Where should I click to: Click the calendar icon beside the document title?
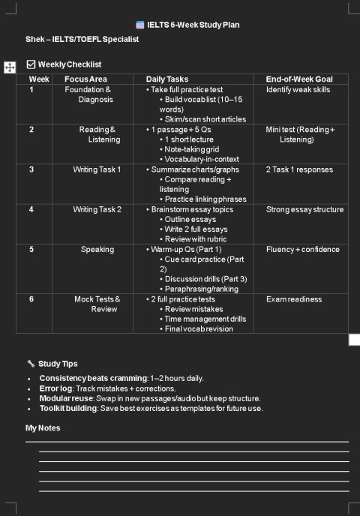pyautogui.click(x=140, y=25)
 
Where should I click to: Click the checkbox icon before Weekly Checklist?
pyautogui.click(x=31, y=64)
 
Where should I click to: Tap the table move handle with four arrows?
pyautogui.click(x=10, y=67)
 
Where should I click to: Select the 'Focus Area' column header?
pyautogui.click(x=85, y=79)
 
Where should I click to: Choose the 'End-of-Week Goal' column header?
pyautogui.click(x=299, y=79)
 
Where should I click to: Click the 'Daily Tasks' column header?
pyautogui.click(x=167, y=79)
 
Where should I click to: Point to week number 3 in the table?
pyautogui.click(x=31, y=169)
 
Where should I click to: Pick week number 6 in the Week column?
pyautogui.click(x=31, y=299)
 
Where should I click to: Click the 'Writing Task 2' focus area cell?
pyautogui.click(x=97, y=209)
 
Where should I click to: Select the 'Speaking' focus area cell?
pyautogui.click(x=97, y=249)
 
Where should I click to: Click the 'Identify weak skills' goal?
pyautogui.click(x=298, y=89)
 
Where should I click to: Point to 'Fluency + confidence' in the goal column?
pyautogui.click(x=302, y=249)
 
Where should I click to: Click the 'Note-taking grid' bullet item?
pyautogui.click(x=192, y=149)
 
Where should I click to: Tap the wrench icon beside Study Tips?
pyautogui.click(x=31, y=364)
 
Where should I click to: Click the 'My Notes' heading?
pyautogui.click(x=43, y=428)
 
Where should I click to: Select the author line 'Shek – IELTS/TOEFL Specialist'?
pyautogui.click(x=82, y=39)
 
